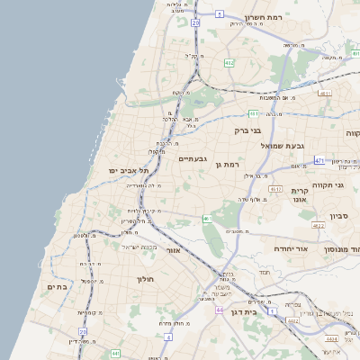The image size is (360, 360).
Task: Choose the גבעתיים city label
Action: pos(193,158)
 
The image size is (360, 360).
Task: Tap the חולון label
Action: pos(146,280)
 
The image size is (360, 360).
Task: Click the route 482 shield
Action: pos(229,63)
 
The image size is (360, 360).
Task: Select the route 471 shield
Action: pos(319,160)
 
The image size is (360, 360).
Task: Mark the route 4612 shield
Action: pos(275,189)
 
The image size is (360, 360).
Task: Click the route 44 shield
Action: pos(219,310)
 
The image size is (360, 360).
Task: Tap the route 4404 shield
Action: pos(332,339)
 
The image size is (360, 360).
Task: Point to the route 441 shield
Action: pos(116,354)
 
